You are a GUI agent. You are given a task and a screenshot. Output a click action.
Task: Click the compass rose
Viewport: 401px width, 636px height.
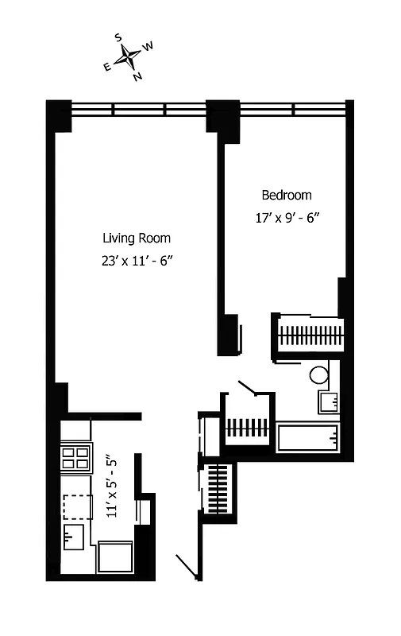128,57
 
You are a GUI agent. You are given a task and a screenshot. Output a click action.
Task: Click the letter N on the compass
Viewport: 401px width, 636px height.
137,76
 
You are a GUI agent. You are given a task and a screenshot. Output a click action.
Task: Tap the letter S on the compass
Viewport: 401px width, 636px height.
118,37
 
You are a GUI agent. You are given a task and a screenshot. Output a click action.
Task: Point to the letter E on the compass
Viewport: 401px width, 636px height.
107,67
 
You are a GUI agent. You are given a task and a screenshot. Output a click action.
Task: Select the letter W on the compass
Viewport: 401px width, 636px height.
148,46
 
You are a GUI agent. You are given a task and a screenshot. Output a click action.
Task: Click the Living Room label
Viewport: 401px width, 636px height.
136,238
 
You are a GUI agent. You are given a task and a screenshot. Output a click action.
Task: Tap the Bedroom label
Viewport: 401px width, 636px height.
287,195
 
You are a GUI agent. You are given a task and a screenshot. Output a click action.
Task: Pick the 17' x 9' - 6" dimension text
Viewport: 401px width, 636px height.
287,216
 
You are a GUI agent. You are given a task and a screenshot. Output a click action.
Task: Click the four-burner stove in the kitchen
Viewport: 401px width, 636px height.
76,457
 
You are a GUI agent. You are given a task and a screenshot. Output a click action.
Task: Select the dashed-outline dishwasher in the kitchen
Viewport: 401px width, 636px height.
77,504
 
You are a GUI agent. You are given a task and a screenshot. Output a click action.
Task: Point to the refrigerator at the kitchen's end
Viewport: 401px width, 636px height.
114,556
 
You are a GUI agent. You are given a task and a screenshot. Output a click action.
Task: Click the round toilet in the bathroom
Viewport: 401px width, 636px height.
319,374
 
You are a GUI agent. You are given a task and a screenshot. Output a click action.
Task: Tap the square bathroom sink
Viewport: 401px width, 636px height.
328,401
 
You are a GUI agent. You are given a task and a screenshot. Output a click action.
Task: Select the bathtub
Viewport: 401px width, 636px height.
307,437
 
